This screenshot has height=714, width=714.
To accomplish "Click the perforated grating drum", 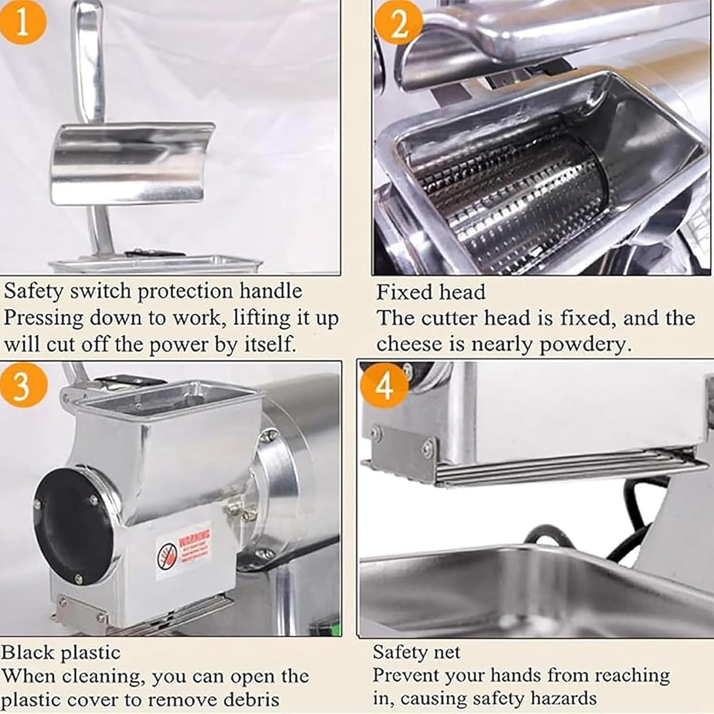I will point(509,200).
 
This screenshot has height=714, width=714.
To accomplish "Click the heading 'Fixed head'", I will point(431,292).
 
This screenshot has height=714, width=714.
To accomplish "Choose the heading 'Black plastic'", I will point(61,652).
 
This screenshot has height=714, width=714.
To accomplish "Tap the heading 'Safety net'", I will point(416,652).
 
